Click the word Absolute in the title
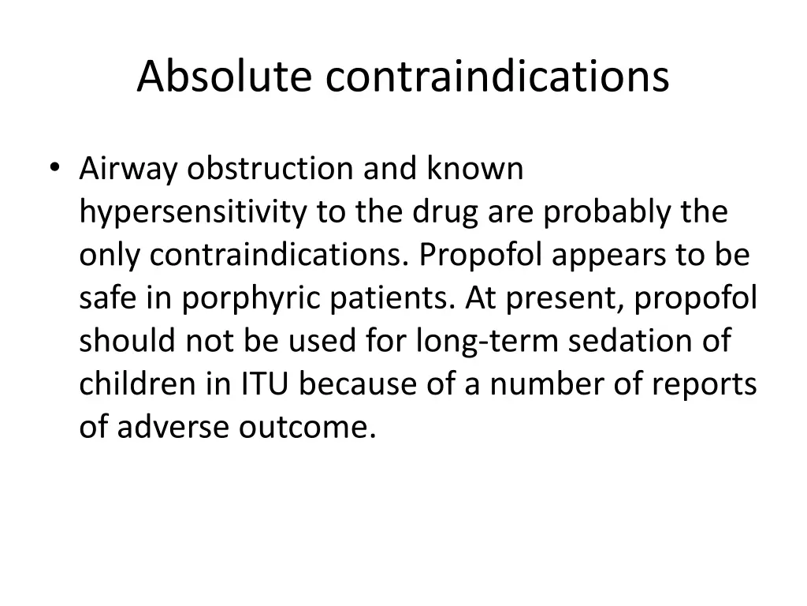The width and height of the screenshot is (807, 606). (x=224, y=77)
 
